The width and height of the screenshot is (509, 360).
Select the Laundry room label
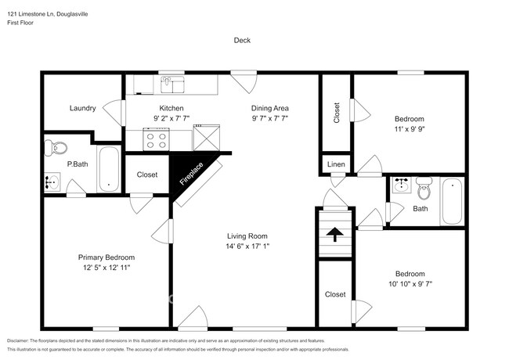coord(82,109)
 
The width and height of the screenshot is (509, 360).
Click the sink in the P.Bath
coord(52,182)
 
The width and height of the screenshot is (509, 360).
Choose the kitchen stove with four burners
coord(155,140)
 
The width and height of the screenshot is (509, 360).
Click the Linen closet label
coord(335,164)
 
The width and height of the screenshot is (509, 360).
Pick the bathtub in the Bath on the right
coord(452,201)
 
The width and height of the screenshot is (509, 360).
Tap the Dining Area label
coord(270,108)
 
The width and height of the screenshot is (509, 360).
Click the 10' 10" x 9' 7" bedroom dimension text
coord(410,284)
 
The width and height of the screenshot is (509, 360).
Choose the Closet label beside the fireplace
coord(147,175)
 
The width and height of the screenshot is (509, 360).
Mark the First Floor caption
coord(23,23)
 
